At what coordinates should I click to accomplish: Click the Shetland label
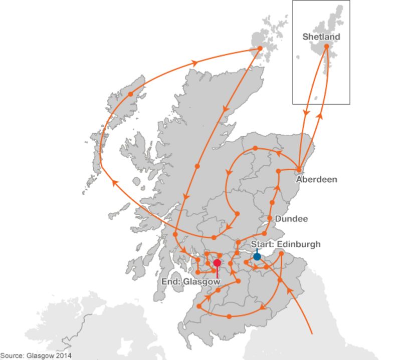[321, 37]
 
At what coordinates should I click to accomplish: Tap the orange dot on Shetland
[326, 47]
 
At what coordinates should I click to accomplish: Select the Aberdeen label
[316, 179]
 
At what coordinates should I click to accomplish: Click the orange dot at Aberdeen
[299, 169]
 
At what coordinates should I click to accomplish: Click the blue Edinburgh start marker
[257, 256]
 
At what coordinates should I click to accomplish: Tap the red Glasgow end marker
[217, 263]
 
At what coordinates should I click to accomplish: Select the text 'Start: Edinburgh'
[285, 244]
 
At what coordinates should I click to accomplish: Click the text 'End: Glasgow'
[190, 282]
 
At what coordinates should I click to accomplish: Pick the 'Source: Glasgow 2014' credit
[36, 355]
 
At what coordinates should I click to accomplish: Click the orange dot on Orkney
[260, 49]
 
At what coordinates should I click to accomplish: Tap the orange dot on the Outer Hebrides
[130, 94]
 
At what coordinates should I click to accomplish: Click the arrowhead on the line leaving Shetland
[305, 114]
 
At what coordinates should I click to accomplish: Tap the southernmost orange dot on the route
[229, 316]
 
